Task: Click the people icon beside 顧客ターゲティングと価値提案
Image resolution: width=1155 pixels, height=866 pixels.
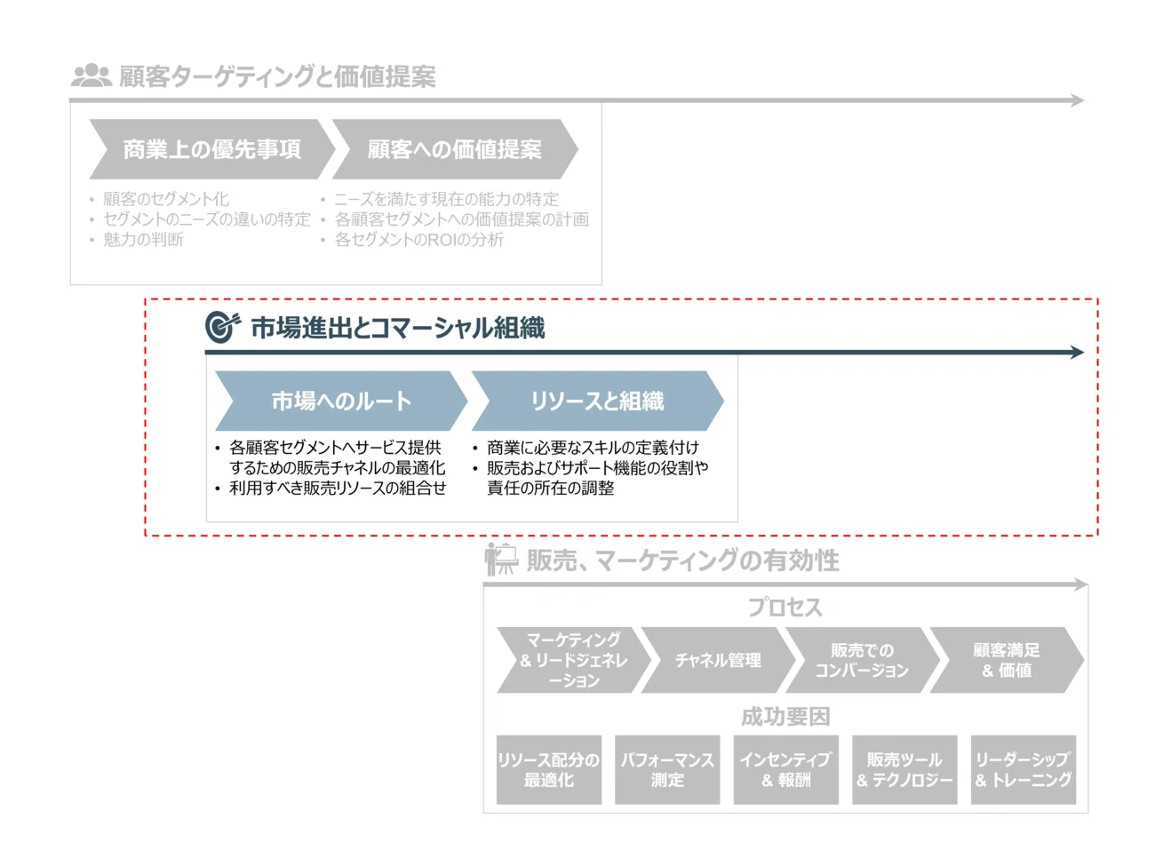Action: pos(91,75)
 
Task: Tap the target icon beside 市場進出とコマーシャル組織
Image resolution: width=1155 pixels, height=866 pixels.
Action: pos(221,327)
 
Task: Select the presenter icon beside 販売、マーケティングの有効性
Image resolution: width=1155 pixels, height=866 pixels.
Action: pos(500,559)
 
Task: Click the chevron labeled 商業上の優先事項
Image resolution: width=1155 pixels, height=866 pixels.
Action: pos(211,149)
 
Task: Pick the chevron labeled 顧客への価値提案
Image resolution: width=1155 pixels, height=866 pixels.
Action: pos(454,149)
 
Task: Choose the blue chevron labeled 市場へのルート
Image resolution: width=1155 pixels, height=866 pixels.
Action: pos(341,401)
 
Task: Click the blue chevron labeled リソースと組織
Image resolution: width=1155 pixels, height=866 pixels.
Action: pos(597,401)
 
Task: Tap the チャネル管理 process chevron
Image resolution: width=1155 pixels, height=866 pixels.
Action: pos(717,660)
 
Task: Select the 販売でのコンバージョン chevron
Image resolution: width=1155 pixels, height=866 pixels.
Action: pos(861,660)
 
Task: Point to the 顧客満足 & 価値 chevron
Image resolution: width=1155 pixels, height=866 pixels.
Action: pos(1006,660)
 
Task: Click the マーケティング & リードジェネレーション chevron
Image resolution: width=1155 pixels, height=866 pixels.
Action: pos(573,660)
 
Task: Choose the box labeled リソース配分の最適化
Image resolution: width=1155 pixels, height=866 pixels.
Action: pos(548,769)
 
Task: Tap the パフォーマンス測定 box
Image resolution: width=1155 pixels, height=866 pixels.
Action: pos(667,769)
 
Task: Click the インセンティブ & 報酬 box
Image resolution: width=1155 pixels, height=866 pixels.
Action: pos(785,769)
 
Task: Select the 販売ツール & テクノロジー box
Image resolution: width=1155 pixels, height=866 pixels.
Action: pos(904,769)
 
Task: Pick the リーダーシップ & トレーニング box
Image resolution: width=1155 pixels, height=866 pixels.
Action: pos(1023,769)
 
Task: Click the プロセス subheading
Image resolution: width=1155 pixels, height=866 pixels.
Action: pos(785,608)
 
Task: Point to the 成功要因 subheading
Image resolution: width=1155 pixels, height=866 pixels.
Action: pos(785,716)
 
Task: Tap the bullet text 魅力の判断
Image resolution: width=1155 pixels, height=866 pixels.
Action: pos(143,240)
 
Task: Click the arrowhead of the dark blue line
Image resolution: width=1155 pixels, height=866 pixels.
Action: pos(1078,353)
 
